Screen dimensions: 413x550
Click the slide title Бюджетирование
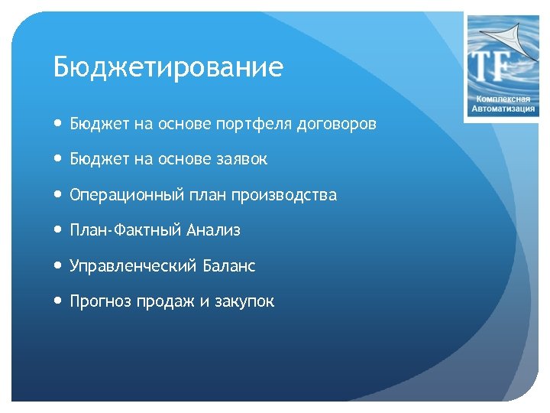pyautogui.click(x=168, y=67)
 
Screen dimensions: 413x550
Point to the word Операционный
pyautogui.click(x=123, y=195)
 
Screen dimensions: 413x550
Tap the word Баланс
pyautogui.click(x=229, y=266)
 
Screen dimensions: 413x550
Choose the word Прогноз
pyautogui.click(x=100, y=301)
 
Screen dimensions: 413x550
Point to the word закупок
pyautogui.click(x=244, y=301)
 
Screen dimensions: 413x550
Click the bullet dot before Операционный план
pyautogui.click(x=59, y=195)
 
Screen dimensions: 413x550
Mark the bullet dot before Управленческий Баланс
pyautogui.click(x=59, y=266)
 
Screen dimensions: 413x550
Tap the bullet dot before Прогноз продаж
pyautogui.click(x=59, y=301)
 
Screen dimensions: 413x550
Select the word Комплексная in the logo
pyautogui.click(x=503, y=99)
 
